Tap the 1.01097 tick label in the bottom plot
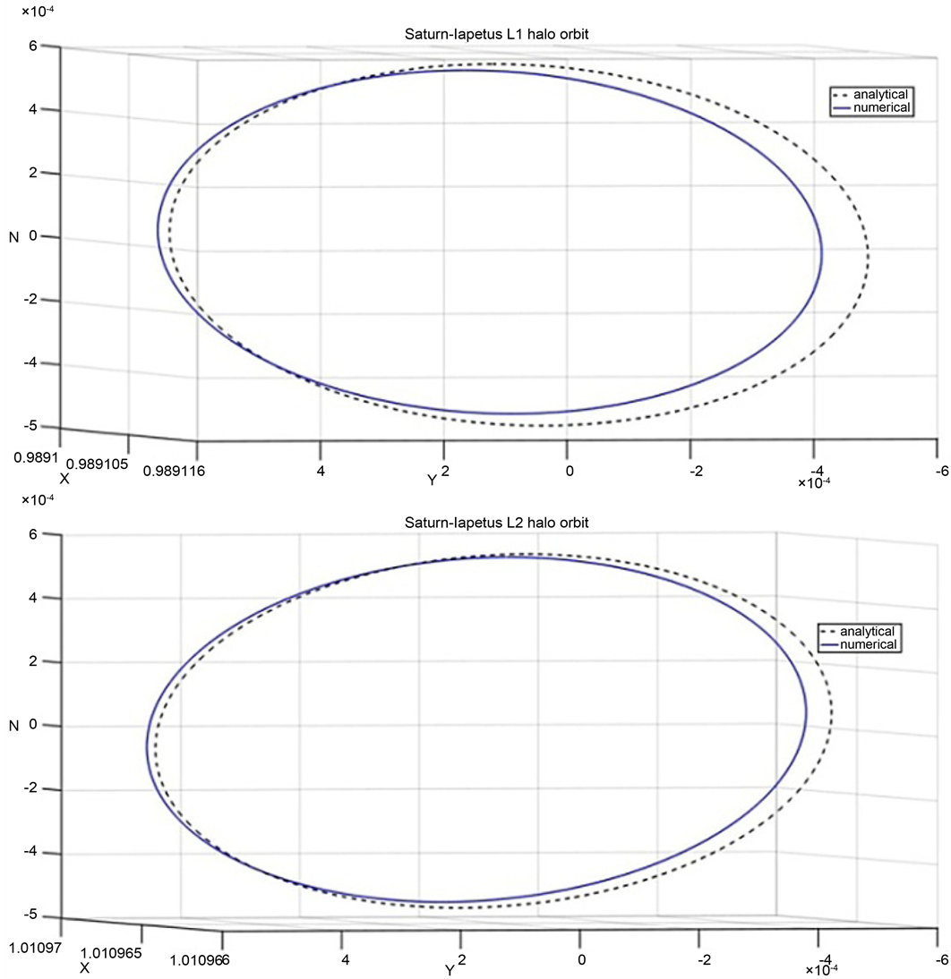click(x=33, y=944)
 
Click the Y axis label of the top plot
click(x=433, y=481)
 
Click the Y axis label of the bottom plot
click(x=450, y=970)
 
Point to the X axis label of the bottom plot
click(x=84, y=967)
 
